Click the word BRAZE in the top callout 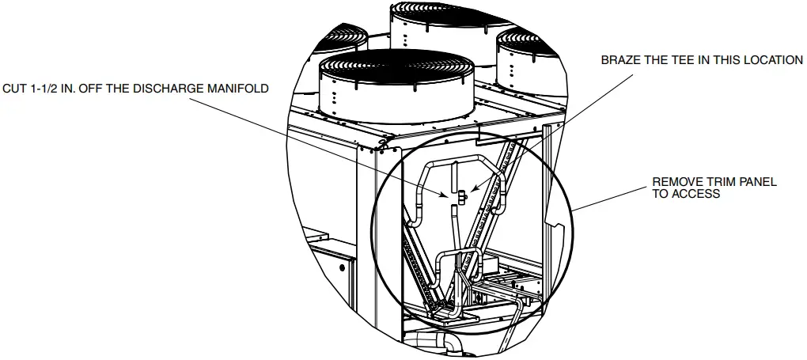620,60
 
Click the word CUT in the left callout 15,89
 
